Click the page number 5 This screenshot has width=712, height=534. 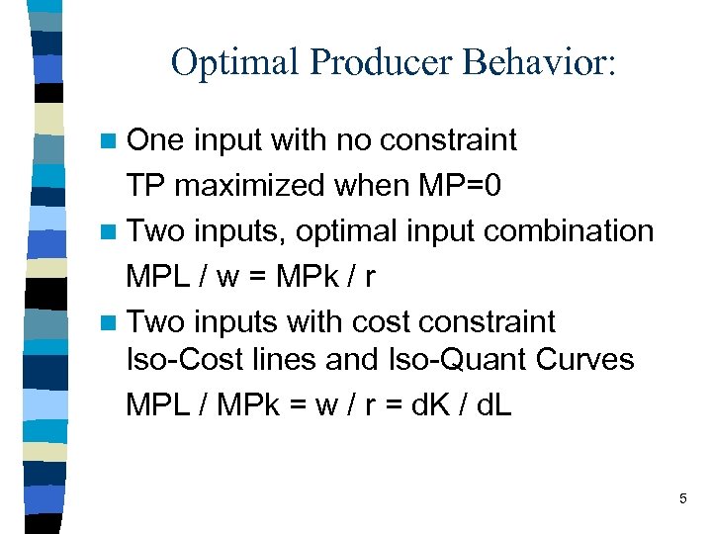pyautogui.click(x=682, y=499)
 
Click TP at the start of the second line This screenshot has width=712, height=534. pyautogui.click(x=144, y=186)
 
